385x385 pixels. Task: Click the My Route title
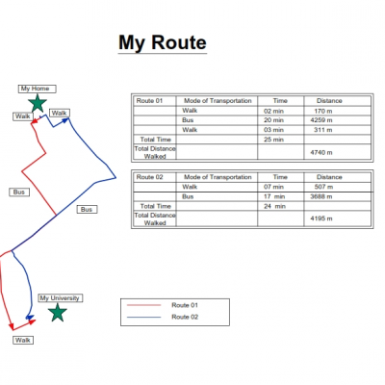click(x=163, y=43)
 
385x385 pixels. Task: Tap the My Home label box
click(x=38, y=89)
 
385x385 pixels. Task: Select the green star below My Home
click(x=38, y=103)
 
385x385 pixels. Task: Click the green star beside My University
click(x=58, y=312)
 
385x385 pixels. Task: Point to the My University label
click(x=61, y=298)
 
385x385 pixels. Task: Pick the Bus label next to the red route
click(x=19, y=192)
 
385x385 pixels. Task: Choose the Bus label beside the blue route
click(x=87, y=210)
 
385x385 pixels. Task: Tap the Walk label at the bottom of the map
click(x=23, y=340)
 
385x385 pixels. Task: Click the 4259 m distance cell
click(x=321, y=120)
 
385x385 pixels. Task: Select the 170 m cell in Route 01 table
click(x=323, y=111)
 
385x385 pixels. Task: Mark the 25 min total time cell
click(x=273, y=140)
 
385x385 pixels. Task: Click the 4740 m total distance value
click(x=321, y=152)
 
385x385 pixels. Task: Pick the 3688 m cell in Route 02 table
click(x=321, y=196)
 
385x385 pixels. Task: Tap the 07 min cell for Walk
click(x=273, y=187)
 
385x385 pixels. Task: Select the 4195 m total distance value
click(x=321, y=218)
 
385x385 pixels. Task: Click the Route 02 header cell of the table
click(x=150, y=177)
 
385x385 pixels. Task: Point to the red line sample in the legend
click(x=143, y=305)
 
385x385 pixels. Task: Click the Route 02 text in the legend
click(x=185, y=317)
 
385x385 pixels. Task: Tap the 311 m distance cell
click(x=323, y=130)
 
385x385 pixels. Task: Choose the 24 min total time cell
click(x=274, y=206)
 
